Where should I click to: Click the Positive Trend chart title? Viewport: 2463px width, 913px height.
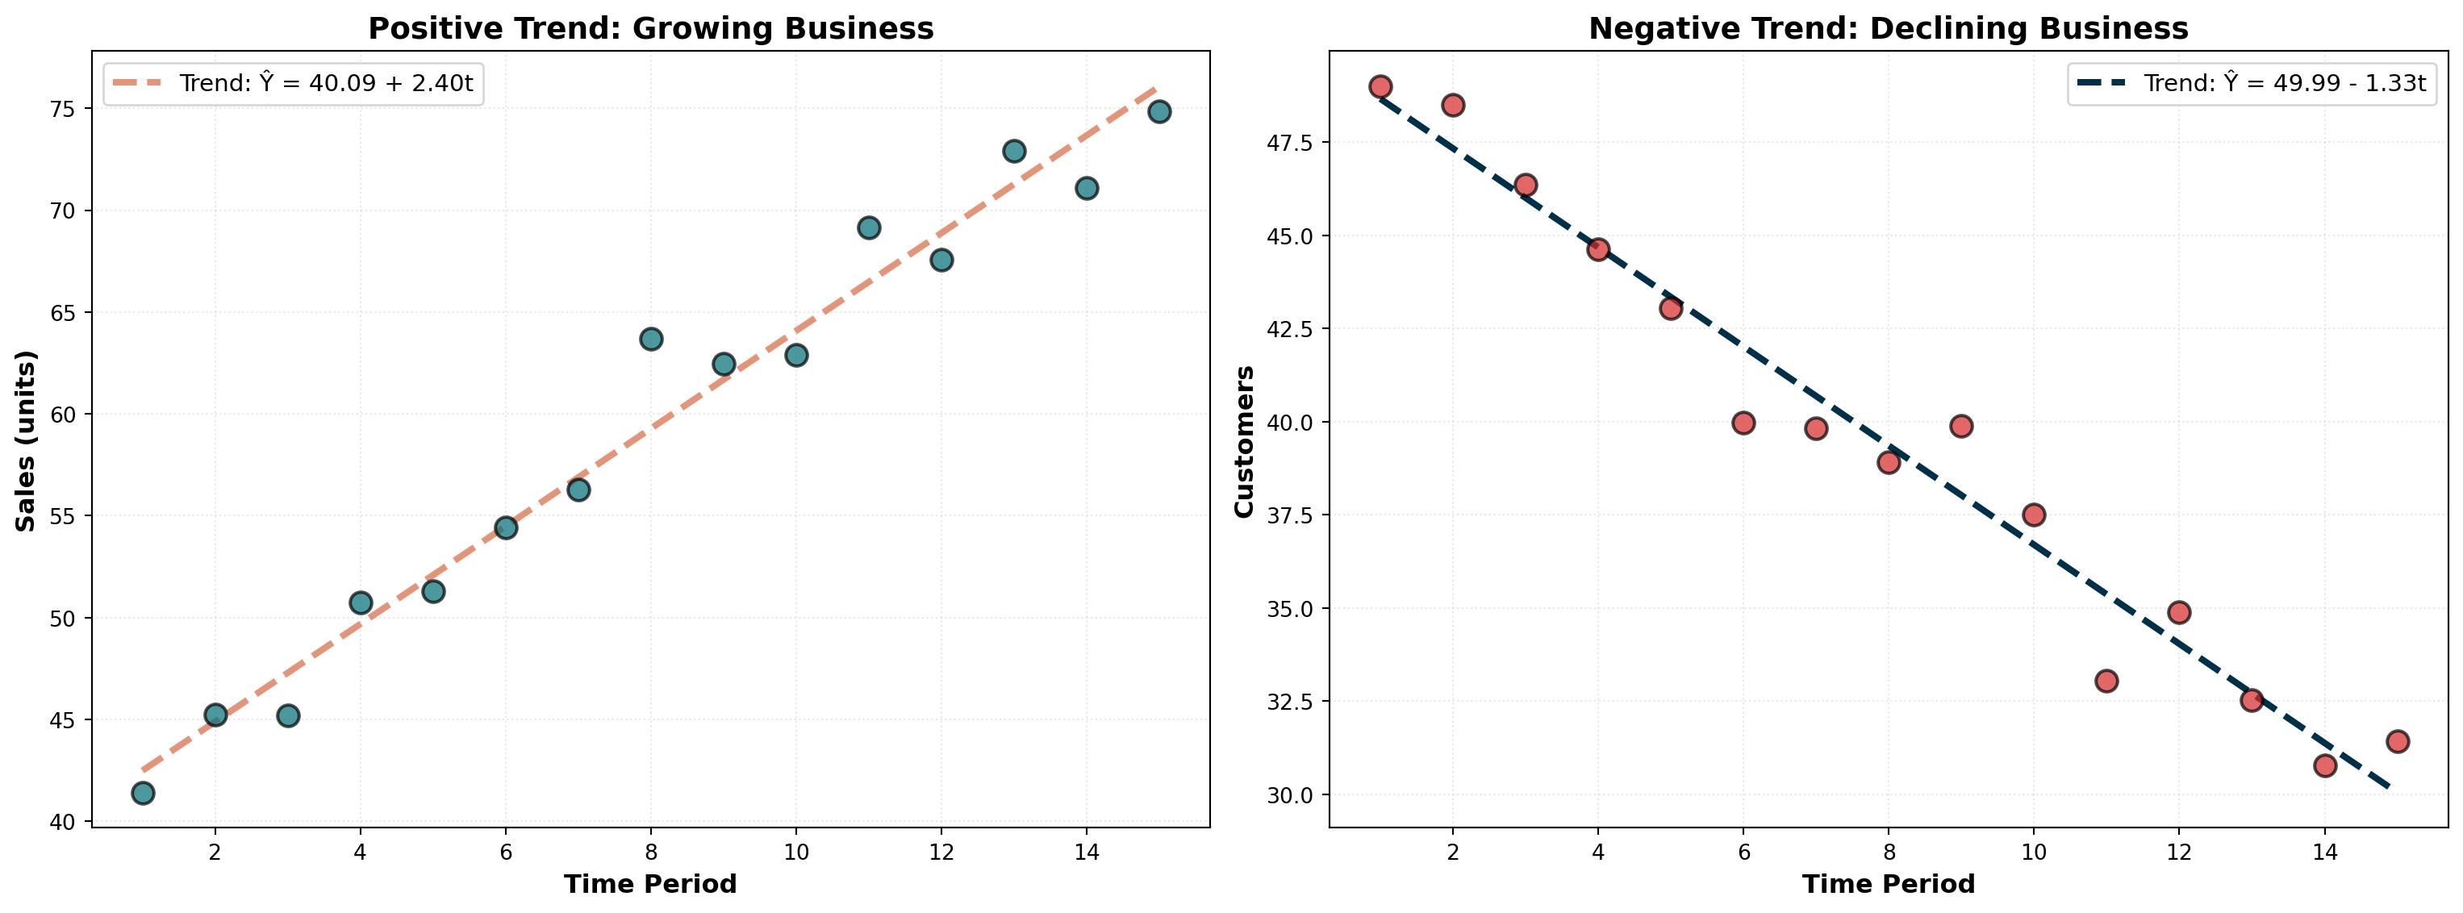click(x=650, y=29)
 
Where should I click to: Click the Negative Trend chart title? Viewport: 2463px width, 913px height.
click(x=1889, y=29)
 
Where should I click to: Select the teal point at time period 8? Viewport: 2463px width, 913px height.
click(x=651, y=340)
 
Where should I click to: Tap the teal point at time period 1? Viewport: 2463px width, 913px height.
click(x=144, y=793)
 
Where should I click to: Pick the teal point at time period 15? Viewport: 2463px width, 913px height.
click(x=1158, y=112)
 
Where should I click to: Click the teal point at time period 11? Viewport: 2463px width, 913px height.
click(x=869, y=227)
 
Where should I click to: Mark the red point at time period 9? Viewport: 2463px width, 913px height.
click(x=1961, y=427)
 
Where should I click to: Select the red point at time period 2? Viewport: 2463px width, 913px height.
click(x=1453, y=105)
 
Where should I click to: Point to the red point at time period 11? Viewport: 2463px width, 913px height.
click(x=2106, y=681)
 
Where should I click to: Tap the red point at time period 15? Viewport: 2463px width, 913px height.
click(x=2397, y=741)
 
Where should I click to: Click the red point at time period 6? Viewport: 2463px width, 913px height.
click(x=1743, y=423)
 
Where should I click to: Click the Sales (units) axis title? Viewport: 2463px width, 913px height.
click(x=26, y=440)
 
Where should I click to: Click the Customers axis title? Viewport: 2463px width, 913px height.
click(x=1244, y=440)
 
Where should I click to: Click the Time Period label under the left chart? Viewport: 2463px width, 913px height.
click(x=650, y=884)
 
